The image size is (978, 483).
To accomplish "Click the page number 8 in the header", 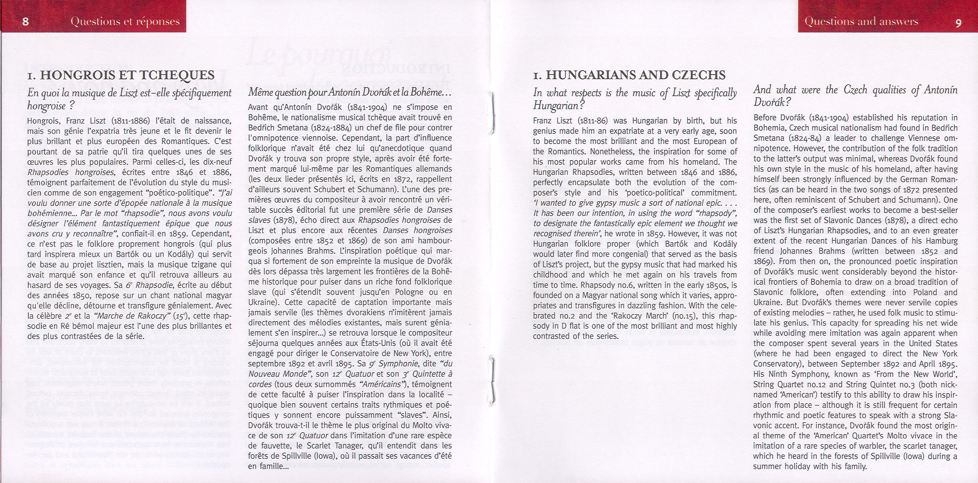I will click(25, 21).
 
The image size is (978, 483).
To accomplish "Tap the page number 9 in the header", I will click(958, 23).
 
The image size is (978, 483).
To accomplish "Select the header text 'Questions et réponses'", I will click(125, 21).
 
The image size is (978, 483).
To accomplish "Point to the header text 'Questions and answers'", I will click(861, 21).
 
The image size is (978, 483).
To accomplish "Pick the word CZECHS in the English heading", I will click(698, 75).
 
